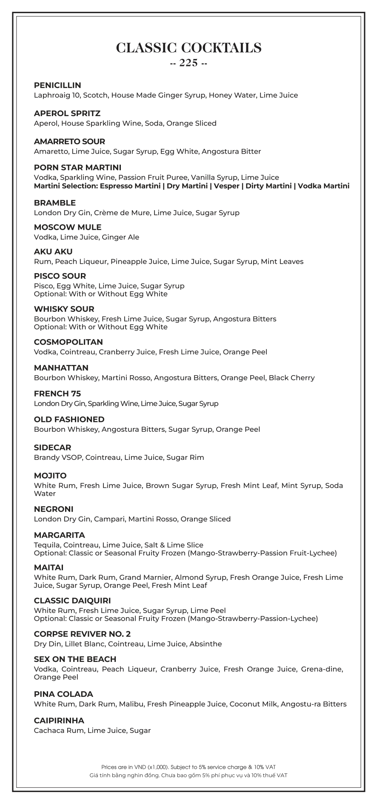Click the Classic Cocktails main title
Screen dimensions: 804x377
coord(188,48)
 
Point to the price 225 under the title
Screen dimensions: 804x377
coord(188,63)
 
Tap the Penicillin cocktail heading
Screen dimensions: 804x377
coord(57,86)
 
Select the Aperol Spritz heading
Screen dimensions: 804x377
coord(67,114)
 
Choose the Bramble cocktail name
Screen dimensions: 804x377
coord(55,203)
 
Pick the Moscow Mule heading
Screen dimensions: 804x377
coord(68,227)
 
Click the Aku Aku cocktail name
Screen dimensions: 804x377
coord(53,251)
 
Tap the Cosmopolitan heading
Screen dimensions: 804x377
coord(69,342)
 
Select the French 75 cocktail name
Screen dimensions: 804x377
coord(57,393)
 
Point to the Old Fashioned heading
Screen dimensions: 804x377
coord(69,419)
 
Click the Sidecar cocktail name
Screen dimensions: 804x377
coord(52,448)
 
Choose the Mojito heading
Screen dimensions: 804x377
coord(50,476)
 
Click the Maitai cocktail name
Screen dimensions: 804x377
coord(49,567)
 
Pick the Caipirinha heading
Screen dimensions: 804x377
coord(59,721)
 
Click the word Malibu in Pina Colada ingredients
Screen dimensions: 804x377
coord(131,704)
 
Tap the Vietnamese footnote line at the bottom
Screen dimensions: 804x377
coord(188,775)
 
